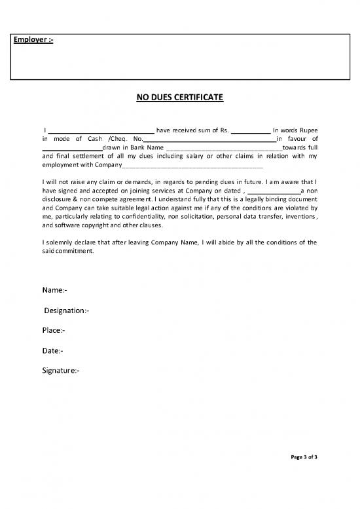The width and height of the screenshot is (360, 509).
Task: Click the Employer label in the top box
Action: point(34,41)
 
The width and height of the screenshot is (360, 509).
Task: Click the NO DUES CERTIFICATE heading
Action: point(179,98)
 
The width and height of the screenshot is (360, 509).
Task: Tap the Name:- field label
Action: point(54,290)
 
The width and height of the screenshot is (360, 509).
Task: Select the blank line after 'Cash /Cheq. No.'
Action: point(209,141)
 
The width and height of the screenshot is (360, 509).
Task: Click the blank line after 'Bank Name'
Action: point(223,150)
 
